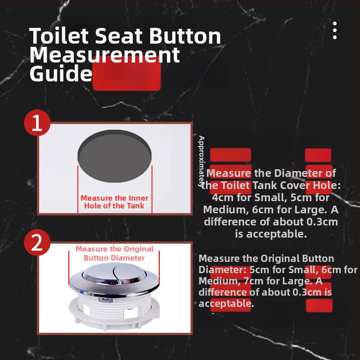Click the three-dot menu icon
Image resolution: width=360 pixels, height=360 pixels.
335,30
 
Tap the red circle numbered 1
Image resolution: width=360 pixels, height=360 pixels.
37,123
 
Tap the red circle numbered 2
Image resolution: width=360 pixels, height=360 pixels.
37,243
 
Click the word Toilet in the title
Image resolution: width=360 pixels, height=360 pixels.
59,36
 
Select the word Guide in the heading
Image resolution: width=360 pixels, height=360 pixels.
61,73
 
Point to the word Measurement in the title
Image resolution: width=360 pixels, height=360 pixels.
105,54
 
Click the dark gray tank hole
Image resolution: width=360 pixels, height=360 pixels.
115,156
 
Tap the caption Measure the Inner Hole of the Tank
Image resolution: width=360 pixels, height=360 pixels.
114,202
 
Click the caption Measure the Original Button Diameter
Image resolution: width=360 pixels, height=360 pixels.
114,253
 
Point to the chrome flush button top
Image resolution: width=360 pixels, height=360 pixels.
114,273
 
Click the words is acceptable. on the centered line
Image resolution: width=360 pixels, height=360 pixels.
271,234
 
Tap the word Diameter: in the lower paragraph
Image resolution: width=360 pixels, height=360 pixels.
222,270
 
